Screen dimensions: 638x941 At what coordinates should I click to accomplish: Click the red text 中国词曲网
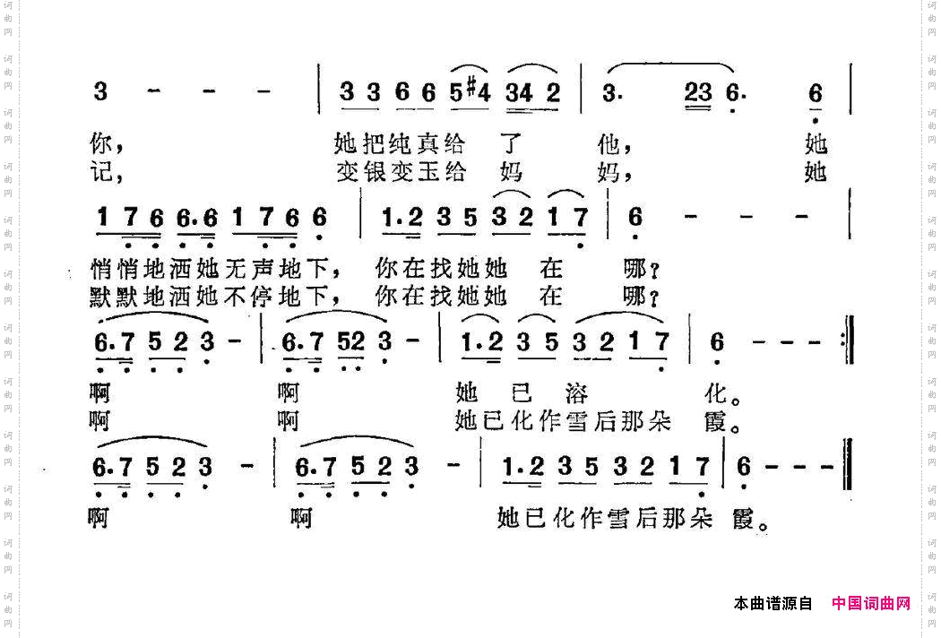[x=870, y=604]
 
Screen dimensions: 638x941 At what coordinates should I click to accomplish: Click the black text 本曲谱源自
[x=773, y=604]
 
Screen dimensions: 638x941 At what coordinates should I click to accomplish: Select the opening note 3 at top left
[x=100, y=91]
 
